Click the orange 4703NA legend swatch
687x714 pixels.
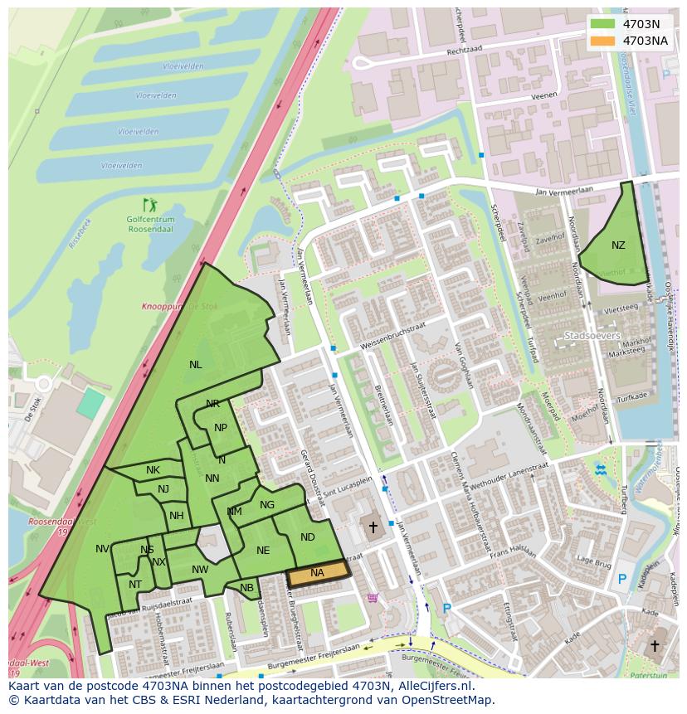603,41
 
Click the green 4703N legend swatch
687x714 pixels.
603,24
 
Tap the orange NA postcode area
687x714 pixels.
318,573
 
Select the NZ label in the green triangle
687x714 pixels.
618,245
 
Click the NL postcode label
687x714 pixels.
195,364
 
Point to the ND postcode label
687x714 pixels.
308,537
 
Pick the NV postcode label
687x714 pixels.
102,549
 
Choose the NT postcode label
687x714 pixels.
135,584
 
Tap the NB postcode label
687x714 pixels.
247,588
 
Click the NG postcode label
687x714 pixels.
267,504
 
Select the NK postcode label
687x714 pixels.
153,470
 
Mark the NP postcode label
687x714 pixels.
221,428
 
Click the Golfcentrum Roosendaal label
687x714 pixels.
150,224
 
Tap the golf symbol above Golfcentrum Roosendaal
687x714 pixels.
149,204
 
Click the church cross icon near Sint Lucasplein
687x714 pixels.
373,527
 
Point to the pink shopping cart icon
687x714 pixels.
373,597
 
